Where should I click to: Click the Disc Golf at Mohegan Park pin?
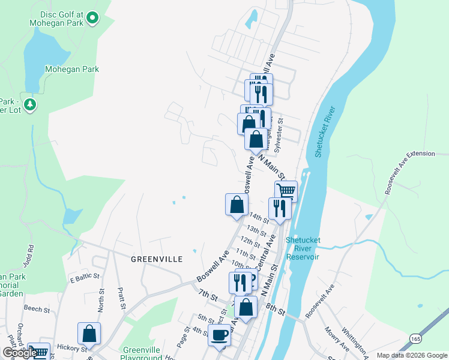click(92, 19)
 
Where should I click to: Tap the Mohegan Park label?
click(72, 69)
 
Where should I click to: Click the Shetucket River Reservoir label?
click(303, 248)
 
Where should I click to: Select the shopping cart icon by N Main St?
click(286, 191)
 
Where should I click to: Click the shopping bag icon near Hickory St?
click(89, 333)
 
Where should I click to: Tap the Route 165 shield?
click(416, 339)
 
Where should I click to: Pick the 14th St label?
click(258, 218)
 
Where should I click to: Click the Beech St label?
click(37, 310)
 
